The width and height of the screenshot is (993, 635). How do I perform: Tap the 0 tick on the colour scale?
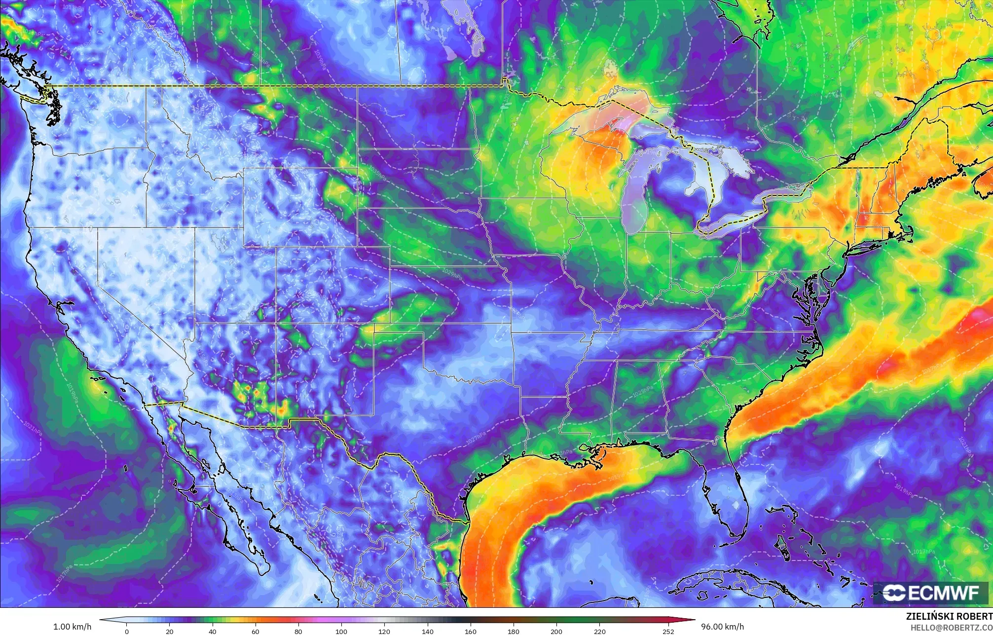click(x=127, y=631)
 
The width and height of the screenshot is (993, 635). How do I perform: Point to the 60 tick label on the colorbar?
click(x=256, y=631)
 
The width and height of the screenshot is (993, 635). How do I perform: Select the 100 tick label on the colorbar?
click(x=341, y=631)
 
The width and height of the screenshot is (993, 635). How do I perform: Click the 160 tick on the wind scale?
click(x=470, y=631)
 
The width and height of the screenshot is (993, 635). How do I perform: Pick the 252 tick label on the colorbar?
click(x=668, y=631)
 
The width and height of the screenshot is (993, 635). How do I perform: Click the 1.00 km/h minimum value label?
click(x=72, y=627)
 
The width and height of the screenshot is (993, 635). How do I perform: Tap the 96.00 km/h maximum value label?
click(x=722, y=627)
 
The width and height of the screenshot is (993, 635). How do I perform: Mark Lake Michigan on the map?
click(x=636, y=197)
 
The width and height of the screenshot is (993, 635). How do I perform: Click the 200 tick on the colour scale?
click(x=556, y=631)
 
